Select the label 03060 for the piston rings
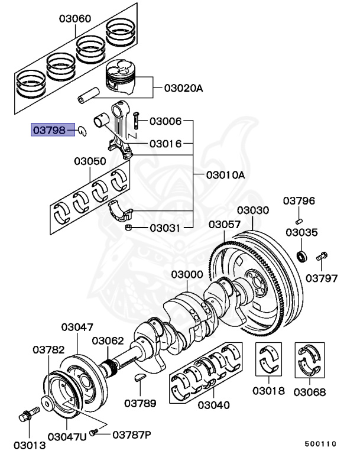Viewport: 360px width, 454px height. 74,18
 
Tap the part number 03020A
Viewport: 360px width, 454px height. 184,89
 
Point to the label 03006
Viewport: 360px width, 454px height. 166,121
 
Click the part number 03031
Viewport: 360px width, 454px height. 166,227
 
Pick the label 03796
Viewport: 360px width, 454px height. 299,201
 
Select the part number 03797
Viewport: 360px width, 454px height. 322,277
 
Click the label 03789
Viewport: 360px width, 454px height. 140,404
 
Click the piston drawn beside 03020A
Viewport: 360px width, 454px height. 126,82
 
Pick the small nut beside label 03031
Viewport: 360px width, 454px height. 128,227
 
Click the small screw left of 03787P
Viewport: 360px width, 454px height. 93,434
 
